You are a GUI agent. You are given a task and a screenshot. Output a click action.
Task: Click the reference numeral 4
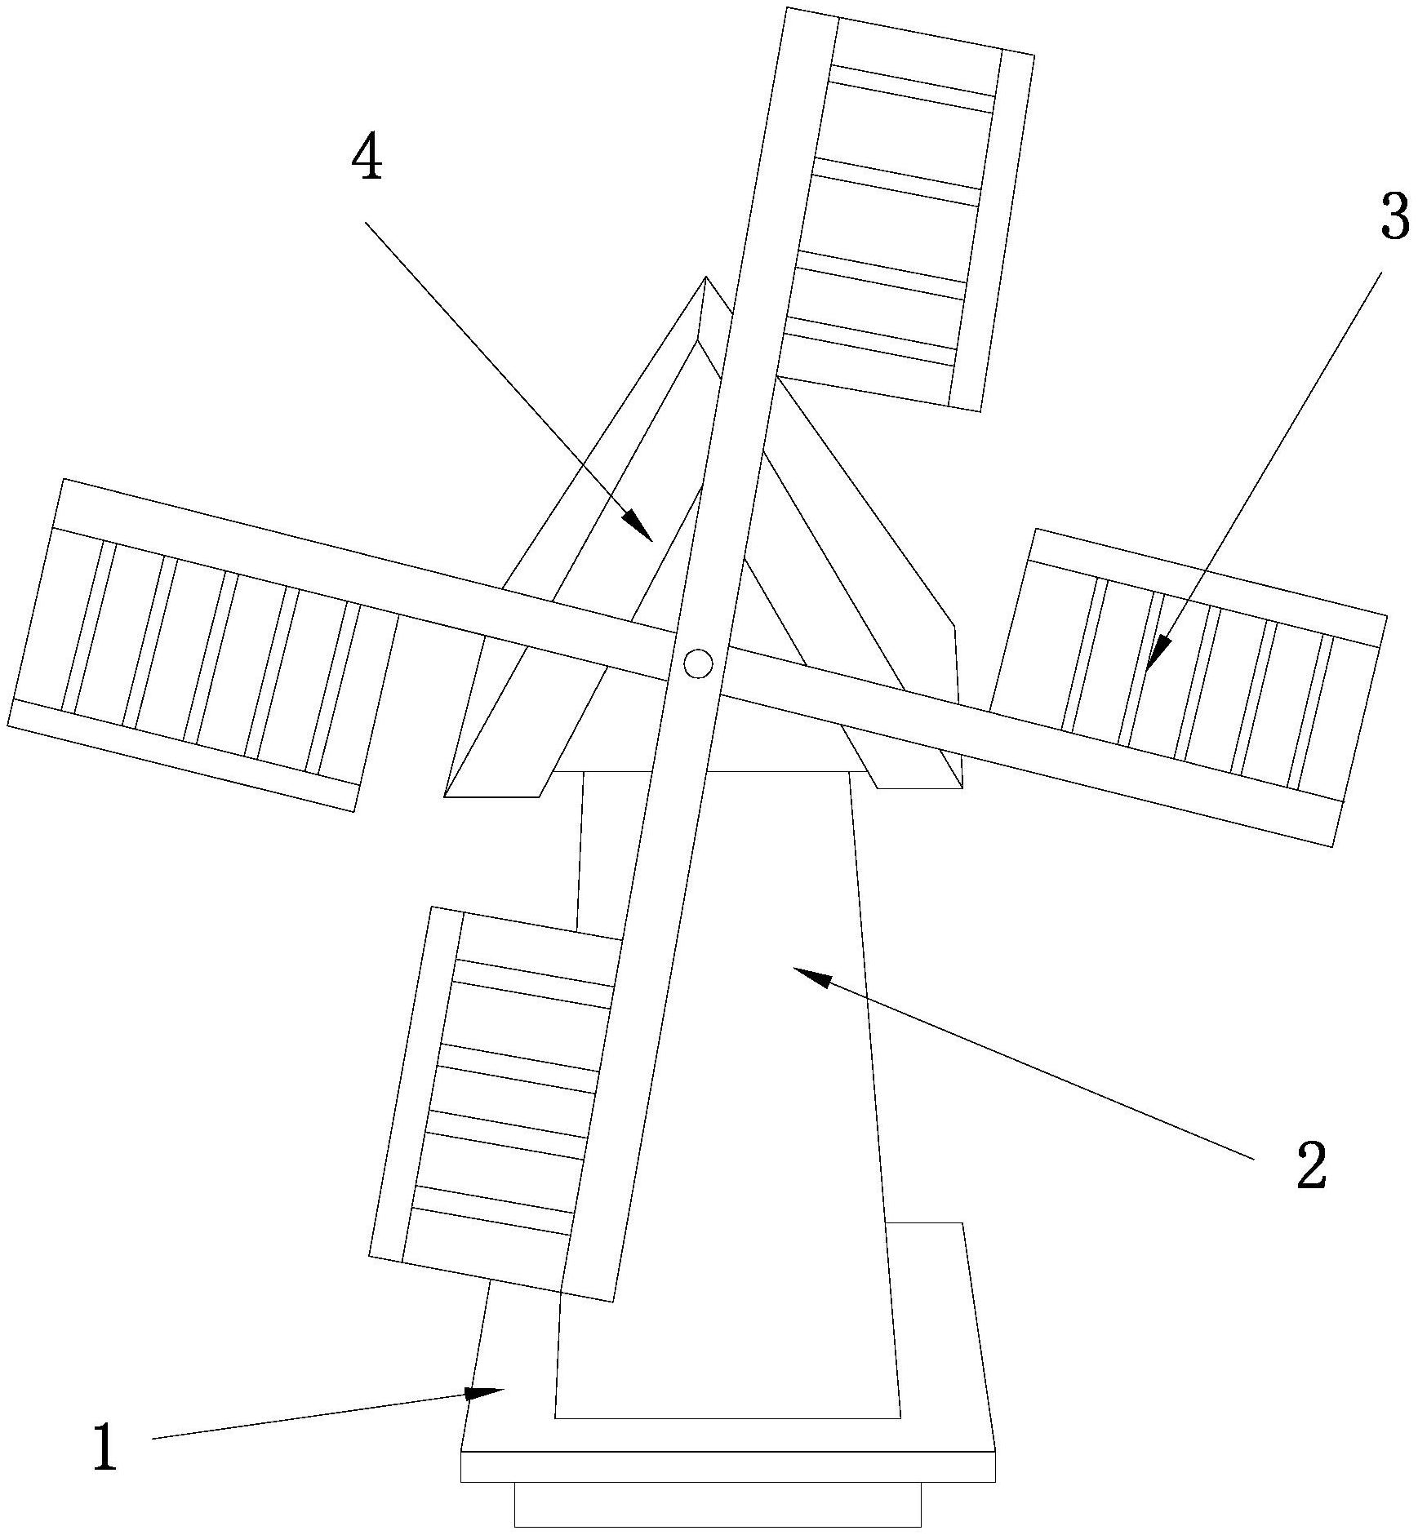pos(367,158)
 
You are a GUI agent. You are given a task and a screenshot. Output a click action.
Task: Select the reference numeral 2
pos(1311,1166)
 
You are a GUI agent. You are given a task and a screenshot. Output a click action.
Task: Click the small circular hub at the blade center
pos(698,663)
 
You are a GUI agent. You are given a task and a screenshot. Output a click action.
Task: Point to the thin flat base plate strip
pos(727,1466)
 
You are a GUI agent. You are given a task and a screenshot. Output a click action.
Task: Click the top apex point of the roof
pos(705,277)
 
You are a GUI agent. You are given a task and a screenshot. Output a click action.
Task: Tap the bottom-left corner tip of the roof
pos(445,796)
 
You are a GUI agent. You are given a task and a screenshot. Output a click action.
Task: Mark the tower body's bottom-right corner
pos(900,1418)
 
